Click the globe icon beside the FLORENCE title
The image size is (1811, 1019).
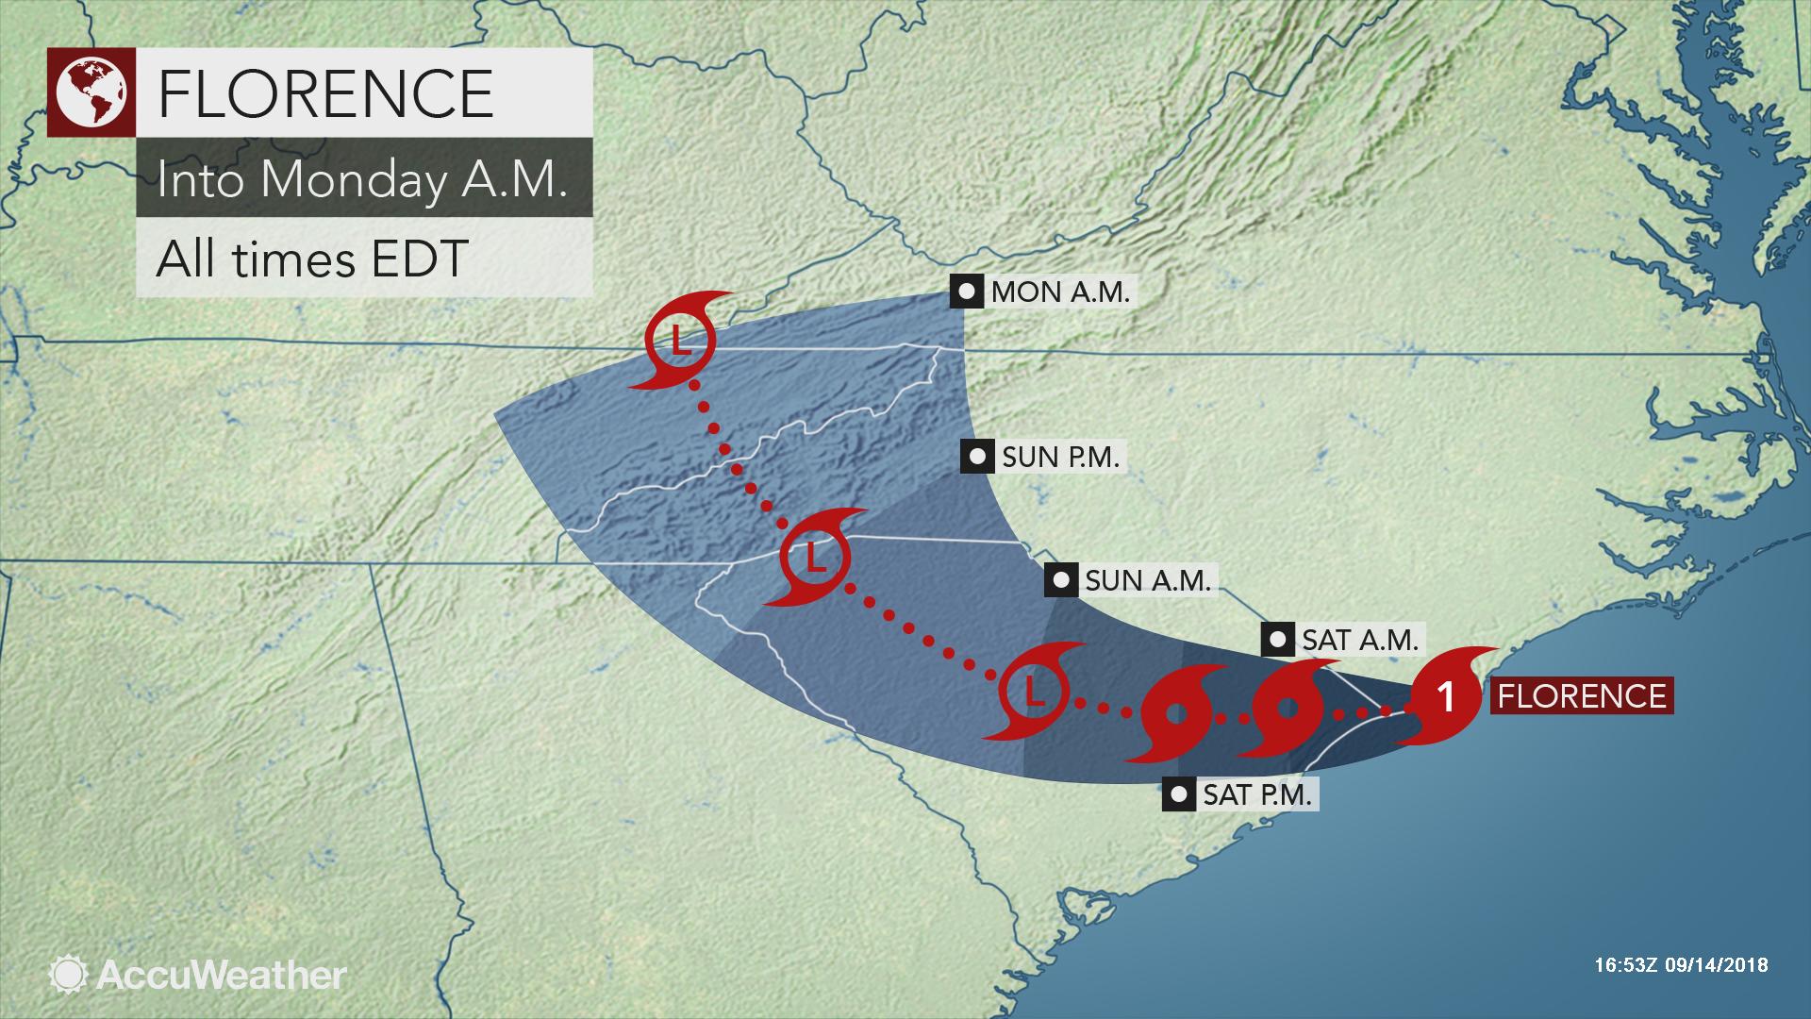[91, 92]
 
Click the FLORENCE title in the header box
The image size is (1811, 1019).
[325, 92]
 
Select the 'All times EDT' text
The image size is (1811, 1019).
[311, 258]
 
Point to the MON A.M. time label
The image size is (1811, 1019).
[1059, 292]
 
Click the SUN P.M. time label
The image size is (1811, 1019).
[1060, 458]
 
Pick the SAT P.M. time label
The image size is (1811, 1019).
[1256, 794]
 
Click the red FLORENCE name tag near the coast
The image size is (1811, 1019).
[1581, 696]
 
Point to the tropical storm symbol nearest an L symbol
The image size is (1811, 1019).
[1175, 715]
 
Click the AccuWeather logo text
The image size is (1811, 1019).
[221, 974]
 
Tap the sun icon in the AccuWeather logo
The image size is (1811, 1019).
[68, 974]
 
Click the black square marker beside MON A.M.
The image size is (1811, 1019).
[966, 292]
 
